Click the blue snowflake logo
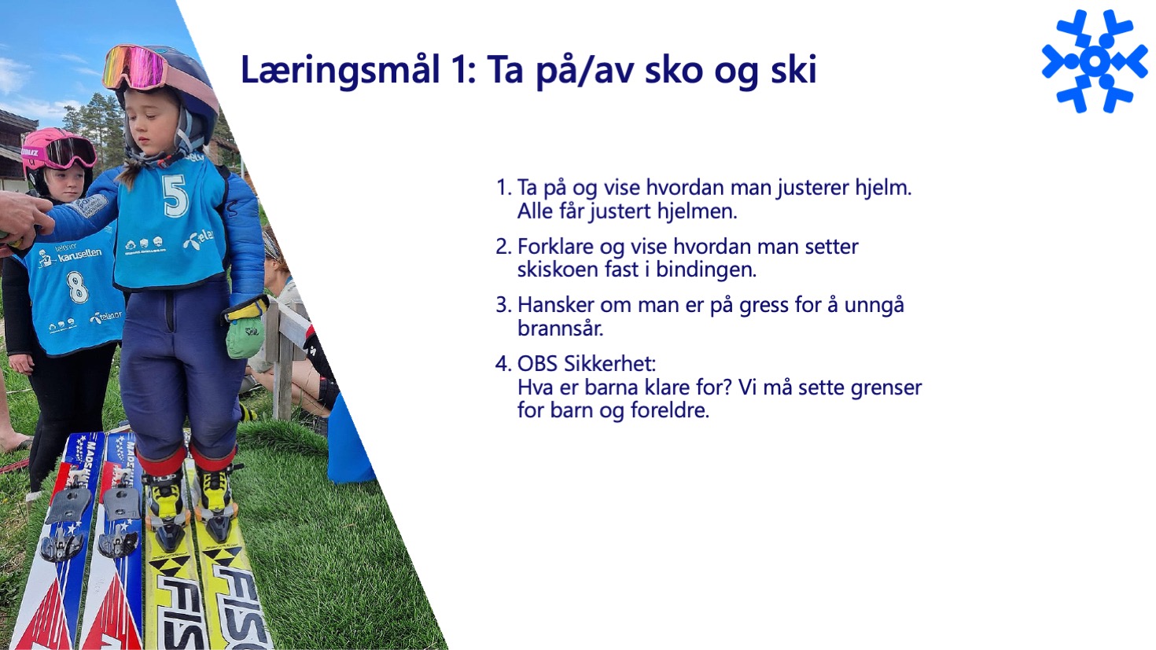(1095, 61)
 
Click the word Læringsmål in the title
(341, 71)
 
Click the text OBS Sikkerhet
(587, 364)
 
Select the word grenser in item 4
(886, 388)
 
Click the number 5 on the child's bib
(175, 196)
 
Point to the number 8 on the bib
(77, 288)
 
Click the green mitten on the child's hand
(245, 335)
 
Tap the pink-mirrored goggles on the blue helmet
(135, 67)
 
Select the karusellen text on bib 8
(79, 255)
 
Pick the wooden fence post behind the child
(283, 361)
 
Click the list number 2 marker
(503, 247)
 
